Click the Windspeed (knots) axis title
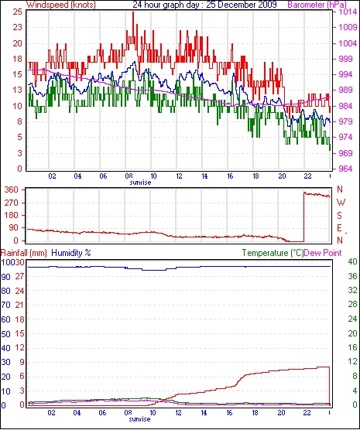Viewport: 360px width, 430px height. [x=61, y=5]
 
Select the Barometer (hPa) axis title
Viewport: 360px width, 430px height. [x=317, y=5]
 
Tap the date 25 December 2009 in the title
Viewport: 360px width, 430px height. [x=242, y=5]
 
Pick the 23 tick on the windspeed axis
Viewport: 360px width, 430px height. [x=17, y=27]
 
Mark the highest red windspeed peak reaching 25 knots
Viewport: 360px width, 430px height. [x=133, y=12]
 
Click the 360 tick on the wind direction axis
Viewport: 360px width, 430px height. [x=12, y=189]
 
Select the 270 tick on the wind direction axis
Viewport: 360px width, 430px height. [x=12, y=203]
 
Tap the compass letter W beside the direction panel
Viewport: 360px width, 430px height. [x=341, y=203]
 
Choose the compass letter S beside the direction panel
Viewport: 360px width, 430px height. [x=340, y=216]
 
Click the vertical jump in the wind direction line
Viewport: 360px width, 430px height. [x=304, y=217]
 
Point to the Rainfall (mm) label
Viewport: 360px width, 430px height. [x=24, y=253]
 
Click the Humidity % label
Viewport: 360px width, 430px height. [x=71, y=253]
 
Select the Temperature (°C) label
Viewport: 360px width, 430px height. [x=273, y=253]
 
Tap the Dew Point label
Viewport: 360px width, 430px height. [x=323, y=253]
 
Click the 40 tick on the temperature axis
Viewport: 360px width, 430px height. [x=352, y=261]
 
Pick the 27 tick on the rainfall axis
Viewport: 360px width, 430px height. [x=20, y=276]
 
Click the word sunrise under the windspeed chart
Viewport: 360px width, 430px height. [x=140, y=183]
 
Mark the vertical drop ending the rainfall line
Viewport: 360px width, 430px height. [x=329, y=386]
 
